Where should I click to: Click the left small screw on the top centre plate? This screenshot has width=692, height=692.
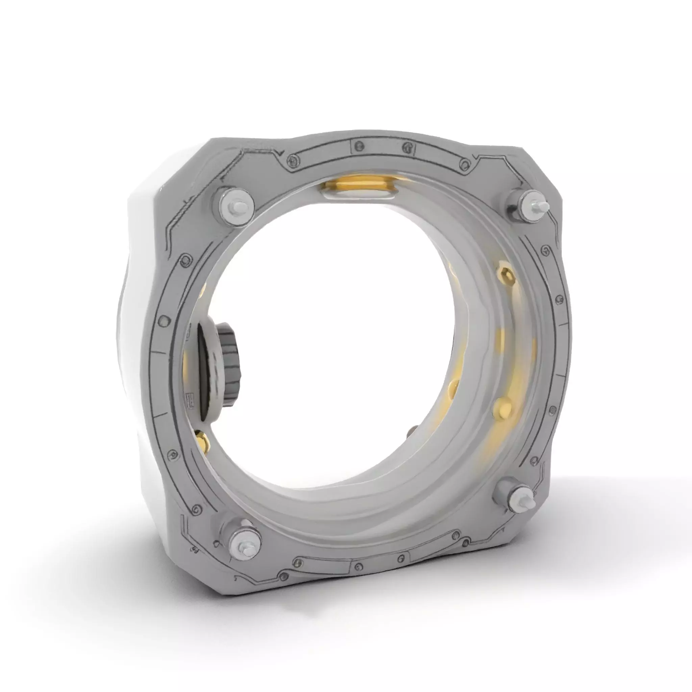pyautogui.click(x=358, y=146)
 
